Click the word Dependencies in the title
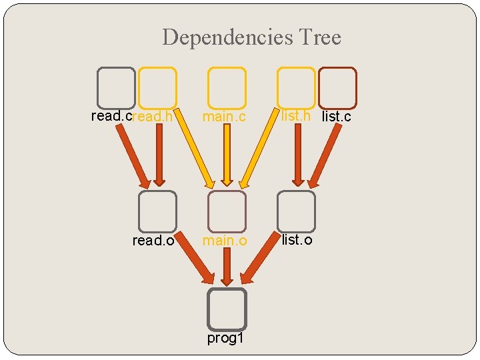221,37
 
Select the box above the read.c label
116,88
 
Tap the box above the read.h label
157,88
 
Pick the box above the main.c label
227,88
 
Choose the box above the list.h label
296,88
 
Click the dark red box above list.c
337,88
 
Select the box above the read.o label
157,211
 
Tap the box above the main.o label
227,211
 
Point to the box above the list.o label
296,211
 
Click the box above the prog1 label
227,309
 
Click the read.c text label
111,116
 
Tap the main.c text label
225,117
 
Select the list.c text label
336,117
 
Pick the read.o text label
153,241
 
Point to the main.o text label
225,241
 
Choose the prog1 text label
225,339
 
